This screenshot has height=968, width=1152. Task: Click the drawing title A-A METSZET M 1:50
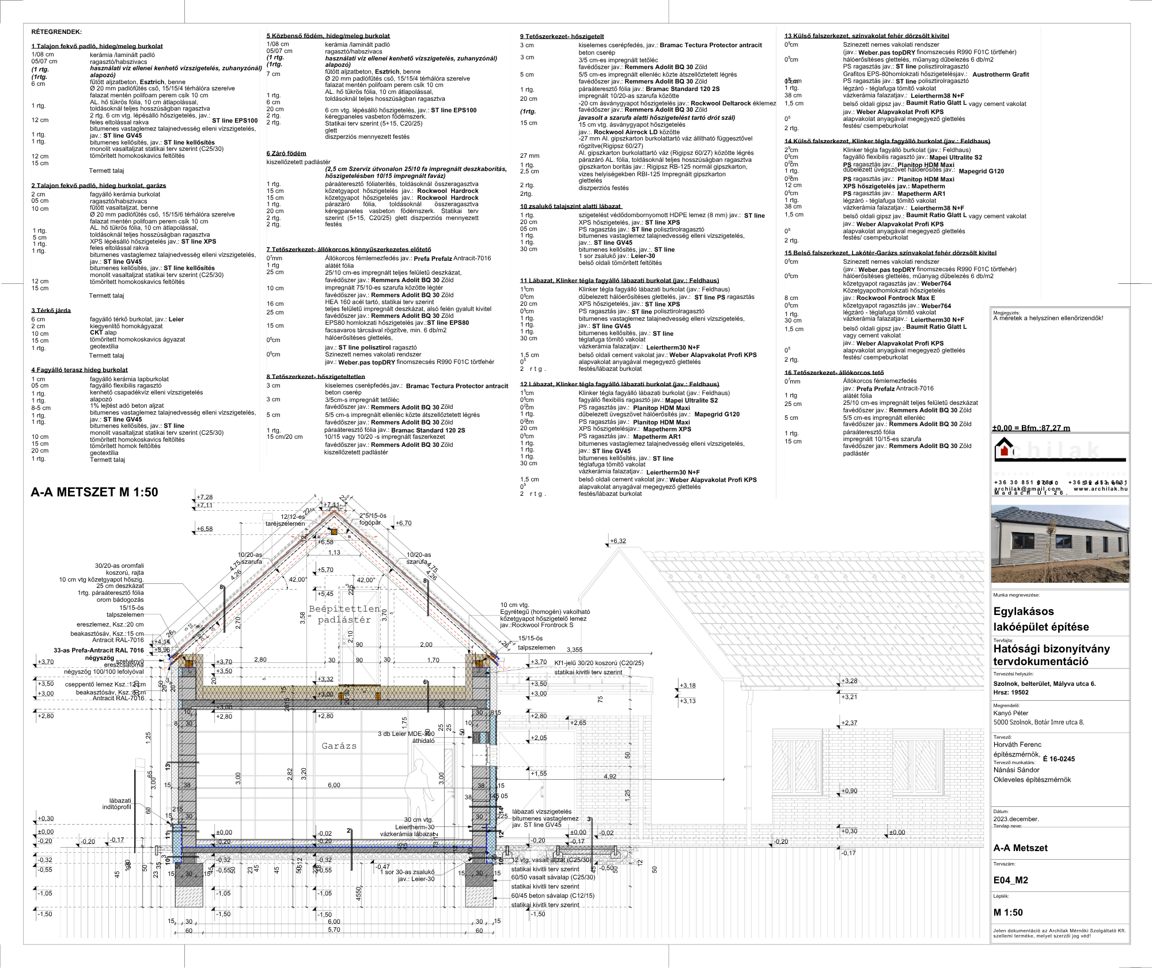click(94, 492)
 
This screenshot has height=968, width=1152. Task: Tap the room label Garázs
click(339, 746)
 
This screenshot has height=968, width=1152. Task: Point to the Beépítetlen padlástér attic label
click(344, 614)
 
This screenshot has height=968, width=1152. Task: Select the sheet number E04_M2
click(1010, 880)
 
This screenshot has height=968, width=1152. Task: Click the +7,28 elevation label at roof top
click(204, 497)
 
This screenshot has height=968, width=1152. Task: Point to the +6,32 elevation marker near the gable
click(617, 541)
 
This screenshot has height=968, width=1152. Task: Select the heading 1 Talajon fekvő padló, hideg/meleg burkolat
click(97, 46)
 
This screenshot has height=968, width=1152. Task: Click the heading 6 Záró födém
click(286, 153)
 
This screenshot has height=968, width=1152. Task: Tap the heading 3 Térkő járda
click(51, 310)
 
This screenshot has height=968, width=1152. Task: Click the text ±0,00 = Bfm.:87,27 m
click(1031, 428)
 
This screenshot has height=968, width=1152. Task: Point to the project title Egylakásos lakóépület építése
click(1041, 619)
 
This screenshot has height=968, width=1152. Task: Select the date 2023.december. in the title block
click(1016, 819)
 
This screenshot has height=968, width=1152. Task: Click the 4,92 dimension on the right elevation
click(610, 776)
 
